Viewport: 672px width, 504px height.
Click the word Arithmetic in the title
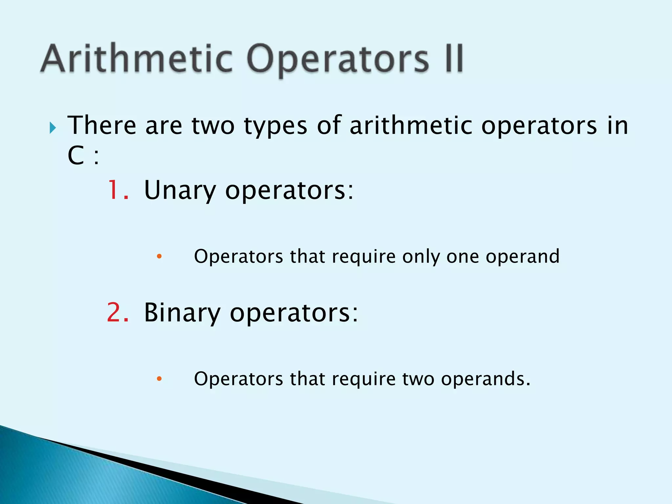(136, 59)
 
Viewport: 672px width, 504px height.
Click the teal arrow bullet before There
(53, 127)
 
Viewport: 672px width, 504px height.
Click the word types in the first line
(276, 127)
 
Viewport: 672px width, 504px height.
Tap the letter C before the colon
(76, 155)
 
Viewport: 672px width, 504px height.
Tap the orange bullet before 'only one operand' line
(159, 256)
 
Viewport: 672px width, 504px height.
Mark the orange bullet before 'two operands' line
(159, 379)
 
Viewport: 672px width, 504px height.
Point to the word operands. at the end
(486, 379)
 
